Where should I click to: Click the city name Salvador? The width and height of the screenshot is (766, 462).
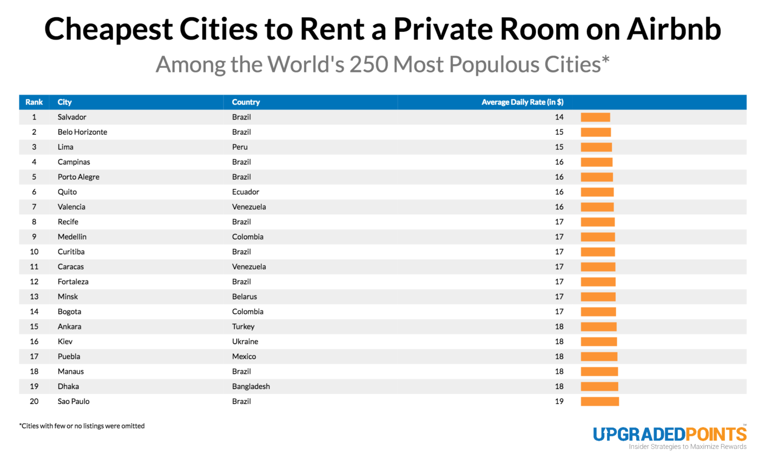(72, 117)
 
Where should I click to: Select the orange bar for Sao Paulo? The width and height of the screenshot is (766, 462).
(599, 401)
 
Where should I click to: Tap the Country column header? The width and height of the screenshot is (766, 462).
(246, 102)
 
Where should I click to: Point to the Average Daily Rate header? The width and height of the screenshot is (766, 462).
(522, 102)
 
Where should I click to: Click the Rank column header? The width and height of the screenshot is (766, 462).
(34, 102)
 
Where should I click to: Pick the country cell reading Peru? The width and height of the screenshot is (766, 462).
(240, 147)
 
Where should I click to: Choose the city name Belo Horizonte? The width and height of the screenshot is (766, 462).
(82, 132)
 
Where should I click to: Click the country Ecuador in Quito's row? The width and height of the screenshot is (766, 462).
(246, 192)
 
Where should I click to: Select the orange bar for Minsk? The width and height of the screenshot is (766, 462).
(598, 296)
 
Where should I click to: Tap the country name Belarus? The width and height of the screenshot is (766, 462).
(245, 296)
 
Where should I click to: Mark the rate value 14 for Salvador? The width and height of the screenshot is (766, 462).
(559, 117)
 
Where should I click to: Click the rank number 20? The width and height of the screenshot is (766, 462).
(34, 401)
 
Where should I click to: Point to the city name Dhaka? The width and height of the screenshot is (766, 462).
(68, 386)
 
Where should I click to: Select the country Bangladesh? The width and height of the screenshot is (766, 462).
(251, 386)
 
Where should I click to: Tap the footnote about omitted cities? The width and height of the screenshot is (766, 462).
(82, 426)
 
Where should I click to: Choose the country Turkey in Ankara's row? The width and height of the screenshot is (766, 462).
(243, 327)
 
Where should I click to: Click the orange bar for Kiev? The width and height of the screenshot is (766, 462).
(598, 341)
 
